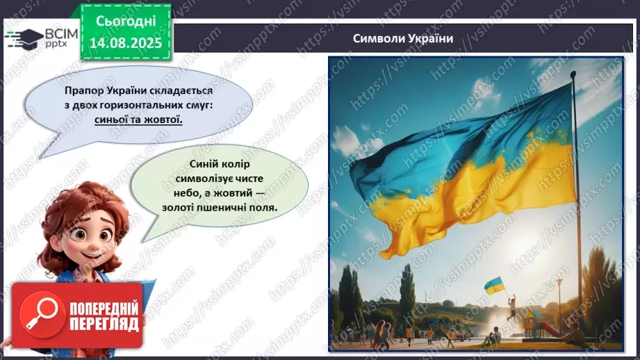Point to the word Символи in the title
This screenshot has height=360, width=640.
coord(378,38)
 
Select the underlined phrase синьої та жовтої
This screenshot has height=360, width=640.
coord(139,120)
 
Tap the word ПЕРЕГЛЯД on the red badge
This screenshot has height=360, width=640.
coord(102,323)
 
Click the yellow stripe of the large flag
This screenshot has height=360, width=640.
coord(486,188)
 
